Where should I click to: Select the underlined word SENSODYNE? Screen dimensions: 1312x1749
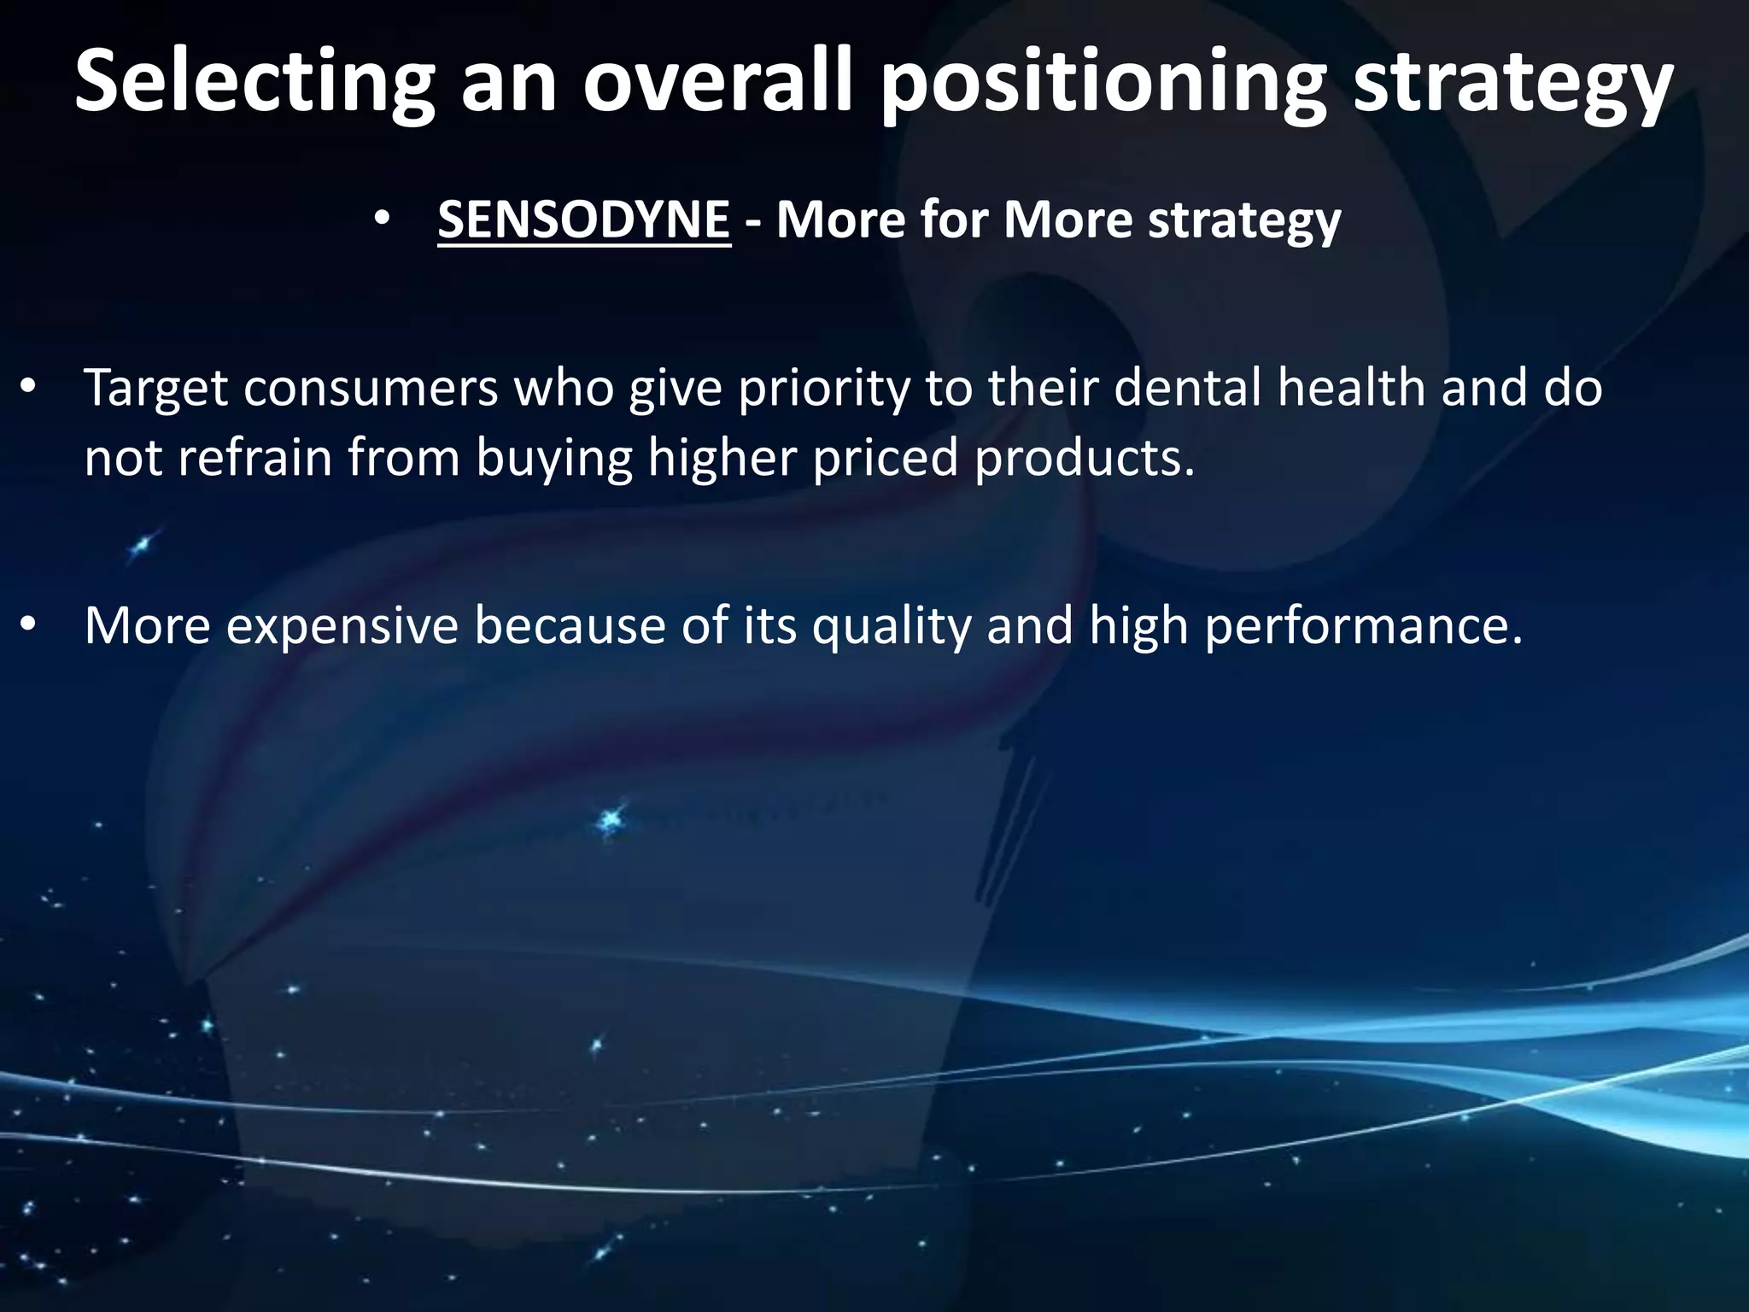pos(584,220)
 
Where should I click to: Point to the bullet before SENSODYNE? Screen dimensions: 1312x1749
pos(382,220)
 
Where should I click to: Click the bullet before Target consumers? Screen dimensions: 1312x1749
pos(27,389)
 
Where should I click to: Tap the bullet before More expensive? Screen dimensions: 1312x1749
pos(27,627)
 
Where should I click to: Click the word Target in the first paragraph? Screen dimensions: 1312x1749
pos(155,388)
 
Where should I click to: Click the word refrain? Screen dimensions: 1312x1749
pos(254,458)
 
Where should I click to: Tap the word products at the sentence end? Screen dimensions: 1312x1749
pos(1083,458)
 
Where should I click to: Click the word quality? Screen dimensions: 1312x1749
pos(892,625)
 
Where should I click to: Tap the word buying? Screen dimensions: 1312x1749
pos(553,458)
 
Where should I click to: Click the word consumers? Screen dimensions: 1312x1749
pos(371,388)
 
